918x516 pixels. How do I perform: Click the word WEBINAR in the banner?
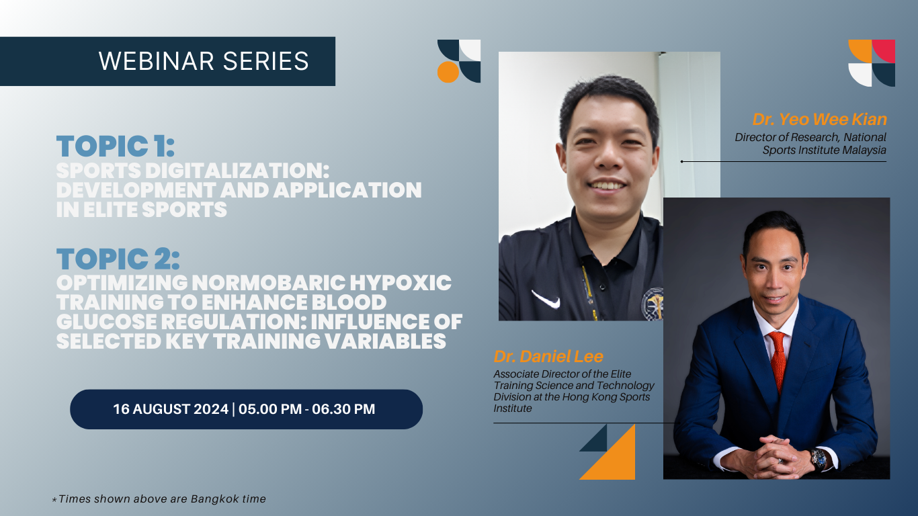(x=157, y=61)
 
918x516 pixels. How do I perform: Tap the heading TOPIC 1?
(x=116, y=146)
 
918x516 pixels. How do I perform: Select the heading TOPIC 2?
(x=118, y=259)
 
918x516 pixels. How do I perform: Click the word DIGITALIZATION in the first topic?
(x=237, y=171)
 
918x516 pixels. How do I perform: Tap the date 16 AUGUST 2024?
(x=171, y=409)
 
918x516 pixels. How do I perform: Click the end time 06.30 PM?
(x=343, y=409)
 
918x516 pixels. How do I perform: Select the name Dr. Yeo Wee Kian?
(x=820, y=120)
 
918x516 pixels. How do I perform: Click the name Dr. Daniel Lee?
(x=548, y=356)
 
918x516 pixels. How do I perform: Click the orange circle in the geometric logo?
(x=448, y=72)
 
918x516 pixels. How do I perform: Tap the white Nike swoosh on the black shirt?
(x=546, y=299)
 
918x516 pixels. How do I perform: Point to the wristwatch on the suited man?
(x=819, y=459)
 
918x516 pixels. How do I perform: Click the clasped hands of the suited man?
(x=769, y=456)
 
